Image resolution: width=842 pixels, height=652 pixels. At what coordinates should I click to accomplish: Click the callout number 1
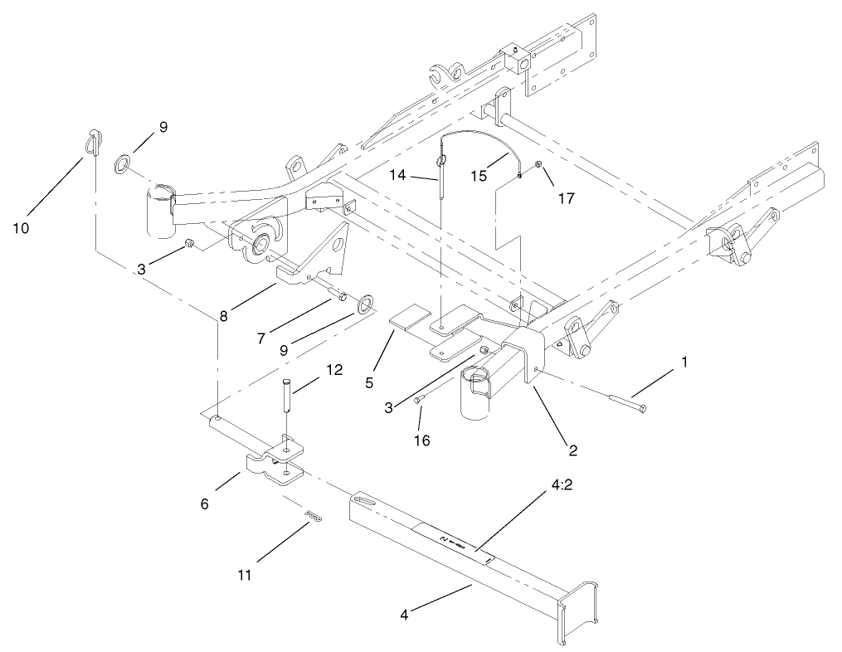click(x=684, y=362)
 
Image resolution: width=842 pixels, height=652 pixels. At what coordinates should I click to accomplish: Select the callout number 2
click(x=572, y=451)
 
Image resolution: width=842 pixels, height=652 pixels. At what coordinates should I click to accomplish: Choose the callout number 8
click(x=222, y=316)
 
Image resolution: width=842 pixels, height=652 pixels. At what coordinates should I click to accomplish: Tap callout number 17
click(x=567, y=199)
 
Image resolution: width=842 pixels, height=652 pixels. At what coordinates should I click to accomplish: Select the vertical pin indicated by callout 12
click(x=286, y=395)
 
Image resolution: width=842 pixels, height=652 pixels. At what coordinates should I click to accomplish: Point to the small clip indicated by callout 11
click(x=313, y=516)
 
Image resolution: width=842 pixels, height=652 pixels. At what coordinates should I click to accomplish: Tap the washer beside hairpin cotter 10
click(x=122, y=160)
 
